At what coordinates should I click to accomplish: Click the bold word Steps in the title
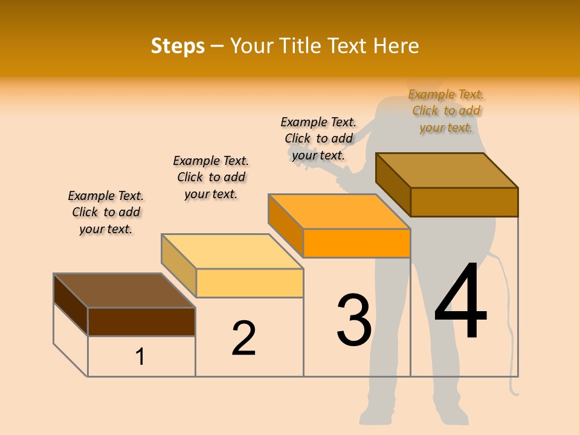[x=178, y=46]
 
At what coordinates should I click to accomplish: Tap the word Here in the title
[x=396, y=46]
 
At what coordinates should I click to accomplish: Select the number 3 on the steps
[x=354, y=320]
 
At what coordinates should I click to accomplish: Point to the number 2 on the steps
[x=243, y=338]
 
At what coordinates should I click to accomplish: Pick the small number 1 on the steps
[x=140, y=356]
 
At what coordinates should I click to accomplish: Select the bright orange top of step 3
[x=339, y=211]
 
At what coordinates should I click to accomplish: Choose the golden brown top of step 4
[x=446, y=170]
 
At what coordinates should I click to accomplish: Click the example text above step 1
[x=106, y=212]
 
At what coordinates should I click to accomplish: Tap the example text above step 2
[x=211, y=177]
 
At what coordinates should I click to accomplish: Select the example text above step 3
[x=318, y=138]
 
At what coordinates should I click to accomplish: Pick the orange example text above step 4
[x=446, y=111]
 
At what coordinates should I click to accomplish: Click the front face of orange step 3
[x=356, y=243]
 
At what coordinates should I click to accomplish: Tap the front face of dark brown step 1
[x=141, y=321]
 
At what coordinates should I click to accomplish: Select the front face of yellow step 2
[x=250, y=283]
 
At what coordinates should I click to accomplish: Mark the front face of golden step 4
[x=464, y=202]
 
